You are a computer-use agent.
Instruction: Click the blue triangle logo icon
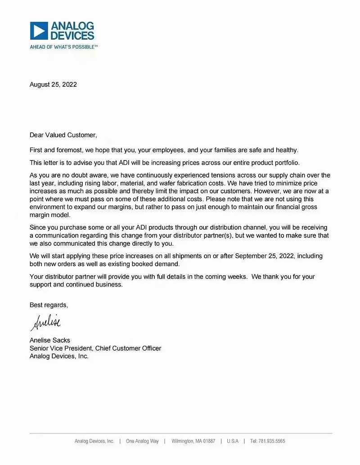[x=39, y=31]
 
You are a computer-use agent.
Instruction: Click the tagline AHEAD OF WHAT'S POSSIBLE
[x=63, y=47]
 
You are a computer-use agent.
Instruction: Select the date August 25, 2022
[x=53, y=85]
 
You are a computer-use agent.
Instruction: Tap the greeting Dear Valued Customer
[x=63, y=135]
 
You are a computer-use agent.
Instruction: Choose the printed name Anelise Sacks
[x=49, y=340]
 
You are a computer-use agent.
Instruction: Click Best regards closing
[x=49, y=305]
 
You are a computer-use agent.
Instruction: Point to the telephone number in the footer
[x=268, y=441]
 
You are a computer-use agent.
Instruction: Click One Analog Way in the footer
[x=142, y=441]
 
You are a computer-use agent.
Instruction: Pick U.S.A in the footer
[x=233, y=441]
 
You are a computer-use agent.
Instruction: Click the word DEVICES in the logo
[x=72, y=36]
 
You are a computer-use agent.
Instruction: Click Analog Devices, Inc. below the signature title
[x=59, y=356]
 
